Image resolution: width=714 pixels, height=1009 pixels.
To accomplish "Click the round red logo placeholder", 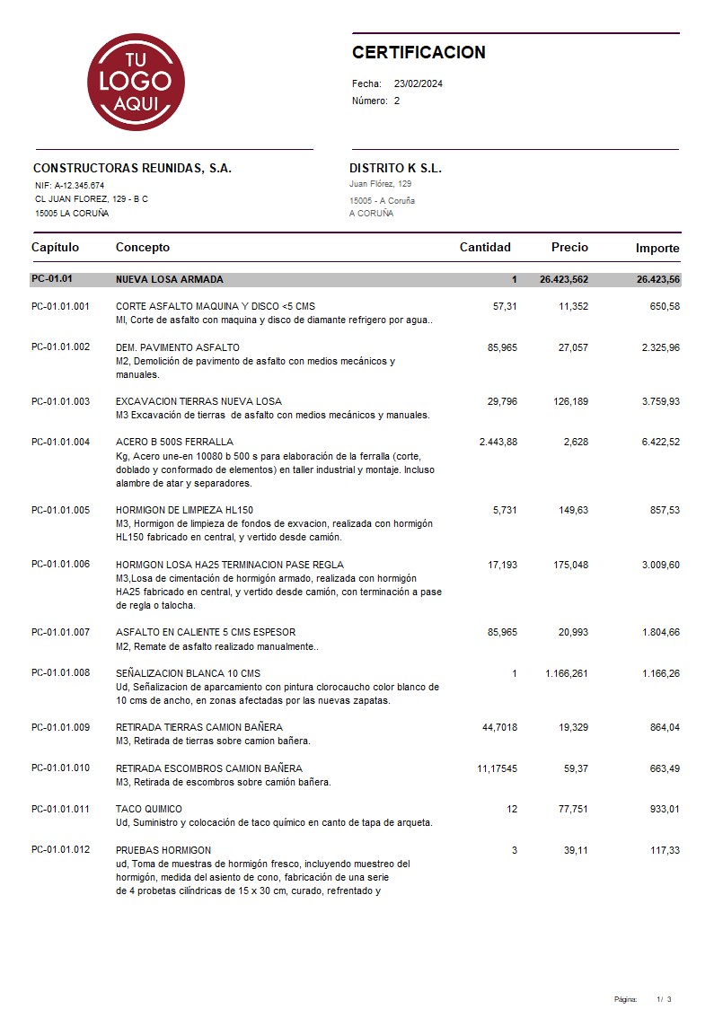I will pos(136,82).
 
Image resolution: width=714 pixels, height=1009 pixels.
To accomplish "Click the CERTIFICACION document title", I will pos(419,53).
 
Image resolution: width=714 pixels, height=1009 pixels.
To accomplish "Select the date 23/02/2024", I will pos(419,83).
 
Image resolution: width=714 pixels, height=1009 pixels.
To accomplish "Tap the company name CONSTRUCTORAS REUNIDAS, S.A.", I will pos(132,169).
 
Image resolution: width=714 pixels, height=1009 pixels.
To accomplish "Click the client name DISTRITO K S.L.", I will pos(395,169).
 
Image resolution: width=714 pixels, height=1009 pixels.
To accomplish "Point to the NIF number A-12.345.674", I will pos(79,186).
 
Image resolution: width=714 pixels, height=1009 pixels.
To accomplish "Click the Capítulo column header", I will pos(55,248).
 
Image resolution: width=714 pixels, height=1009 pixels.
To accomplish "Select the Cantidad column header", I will pos(485,248).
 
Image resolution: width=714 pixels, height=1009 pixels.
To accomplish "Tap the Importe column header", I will pos(657,249).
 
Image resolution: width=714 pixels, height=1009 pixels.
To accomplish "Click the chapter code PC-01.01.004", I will pos(60,442).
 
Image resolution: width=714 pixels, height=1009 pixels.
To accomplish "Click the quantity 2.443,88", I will pos(498,442).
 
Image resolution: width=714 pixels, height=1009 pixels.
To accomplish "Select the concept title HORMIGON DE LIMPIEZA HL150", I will pos(184,510).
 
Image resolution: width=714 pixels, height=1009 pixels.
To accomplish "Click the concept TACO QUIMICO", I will pos(149,809).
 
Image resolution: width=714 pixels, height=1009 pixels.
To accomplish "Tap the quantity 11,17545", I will pos(497,768).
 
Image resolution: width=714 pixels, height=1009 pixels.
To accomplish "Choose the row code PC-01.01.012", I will pos(60,850).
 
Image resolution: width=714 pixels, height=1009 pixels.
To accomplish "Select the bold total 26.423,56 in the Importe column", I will pos(658,280).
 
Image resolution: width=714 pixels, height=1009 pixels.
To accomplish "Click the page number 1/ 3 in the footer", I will pos(664,999).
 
